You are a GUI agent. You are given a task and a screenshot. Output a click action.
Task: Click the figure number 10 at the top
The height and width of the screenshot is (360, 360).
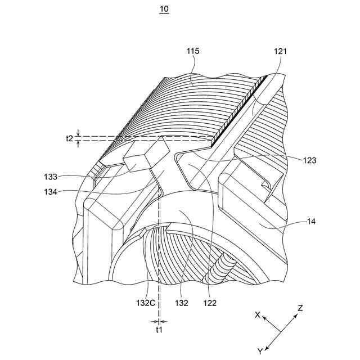tap(164, 10)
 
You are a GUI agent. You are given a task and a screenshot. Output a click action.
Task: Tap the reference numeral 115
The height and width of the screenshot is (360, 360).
tap(193, 51)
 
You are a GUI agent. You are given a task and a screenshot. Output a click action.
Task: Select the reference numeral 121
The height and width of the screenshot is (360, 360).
tap(281, 51)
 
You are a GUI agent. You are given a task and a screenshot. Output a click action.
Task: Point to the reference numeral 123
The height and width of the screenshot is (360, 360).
tap(309, 160)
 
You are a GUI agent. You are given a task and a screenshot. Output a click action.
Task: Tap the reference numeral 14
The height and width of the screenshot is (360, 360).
tap(311, 222)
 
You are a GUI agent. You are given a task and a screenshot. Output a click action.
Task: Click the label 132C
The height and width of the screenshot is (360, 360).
tap(144, 303)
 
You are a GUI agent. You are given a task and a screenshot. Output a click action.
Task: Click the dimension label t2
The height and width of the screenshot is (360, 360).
tap(69, 138)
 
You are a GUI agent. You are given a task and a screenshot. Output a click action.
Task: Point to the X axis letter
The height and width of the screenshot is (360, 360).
tap(258, 316)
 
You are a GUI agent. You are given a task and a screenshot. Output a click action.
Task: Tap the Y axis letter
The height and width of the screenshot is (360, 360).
tap(260, 352)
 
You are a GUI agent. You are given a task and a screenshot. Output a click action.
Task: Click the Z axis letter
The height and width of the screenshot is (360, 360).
tap(300, 308)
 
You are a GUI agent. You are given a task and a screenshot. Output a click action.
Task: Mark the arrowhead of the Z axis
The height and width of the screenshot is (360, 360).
tap(296, 316)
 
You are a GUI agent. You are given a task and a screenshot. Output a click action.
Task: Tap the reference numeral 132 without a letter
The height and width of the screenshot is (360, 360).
tap(181, 303)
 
